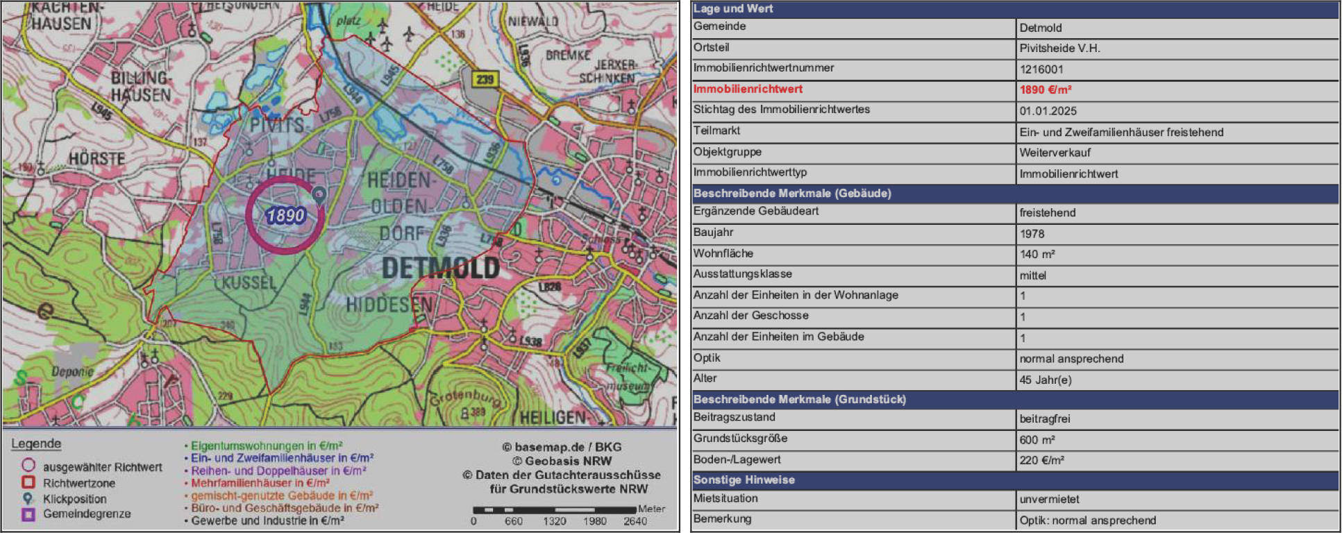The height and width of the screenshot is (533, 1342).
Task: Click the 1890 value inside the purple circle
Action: (x=285, y=215)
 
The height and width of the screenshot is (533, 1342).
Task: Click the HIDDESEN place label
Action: (x=389, y=304)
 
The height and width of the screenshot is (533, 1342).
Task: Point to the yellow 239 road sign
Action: (x=485, y=79)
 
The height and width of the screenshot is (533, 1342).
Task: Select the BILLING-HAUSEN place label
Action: (x=141, y=86)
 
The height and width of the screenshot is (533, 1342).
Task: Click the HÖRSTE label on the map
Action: (x=97, y=159)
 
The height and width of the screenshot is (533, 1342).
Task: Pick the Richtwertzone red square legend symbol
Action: (x=28, y=482)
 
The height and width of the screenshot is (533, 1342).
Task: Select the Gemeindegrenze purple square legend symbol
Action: (x=28, y=514)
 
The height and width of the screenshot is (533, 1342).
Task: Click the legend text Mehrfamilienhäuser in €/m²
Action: (x=260, y=483)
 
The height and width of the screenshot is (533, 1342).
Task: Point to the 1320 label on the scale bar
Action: (x=554, y=521)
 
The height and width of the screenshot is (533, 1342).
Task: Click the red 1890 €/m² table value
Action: (x=1045, y=90)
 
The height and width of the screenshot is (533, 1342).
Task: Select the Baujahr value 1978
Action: (x=1032, y=234)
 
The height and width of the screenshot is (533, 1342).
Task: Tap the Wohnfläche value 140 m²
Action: (x=1037, y=254)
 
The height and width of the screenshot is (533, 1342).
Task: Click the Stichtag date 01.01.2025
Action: (x=1048, y=111)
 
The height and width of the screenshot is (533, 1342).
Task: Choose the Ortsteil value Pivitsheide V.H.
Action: (x=1059, y=49)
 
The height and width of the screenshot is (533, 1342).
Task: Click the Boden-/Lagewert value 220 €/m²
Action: (x=1041, y=460)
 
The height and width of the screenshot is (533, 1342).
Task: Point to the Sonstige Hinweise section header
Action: (x=744, y=480)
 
